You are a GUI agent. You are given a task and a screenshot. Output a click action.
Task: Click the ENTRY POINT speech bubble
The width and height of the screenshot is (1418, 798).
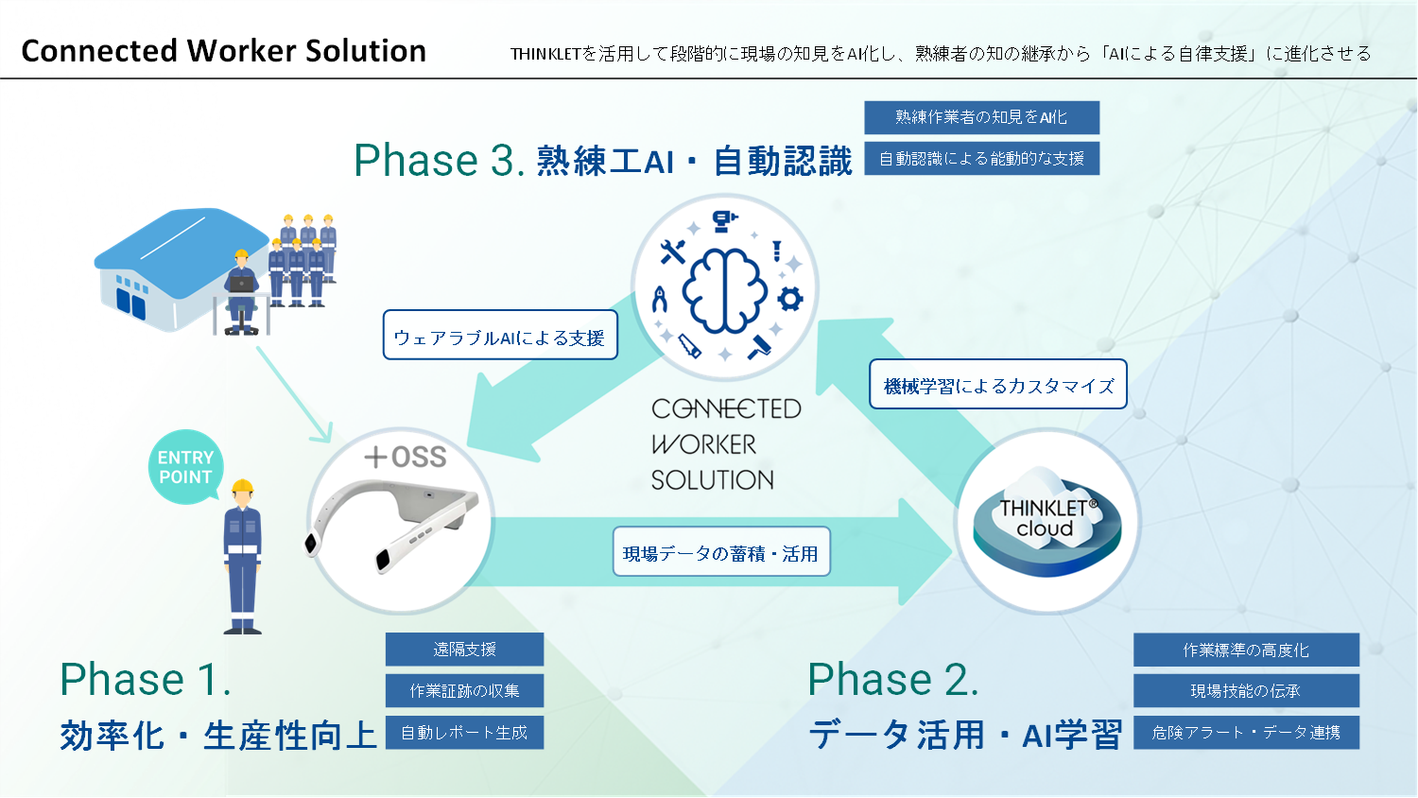185,467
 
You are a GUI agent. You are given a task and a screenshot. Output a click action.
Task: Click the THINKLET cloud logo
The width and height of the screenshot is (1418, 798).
1046,521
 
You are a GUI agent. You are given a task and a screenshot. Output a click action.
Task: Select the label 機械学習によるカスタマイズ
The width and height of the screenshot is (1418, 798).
997,385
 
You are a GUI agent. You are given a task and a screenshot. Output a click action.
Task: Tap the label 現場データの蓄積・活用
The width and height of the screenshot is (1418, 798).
720,552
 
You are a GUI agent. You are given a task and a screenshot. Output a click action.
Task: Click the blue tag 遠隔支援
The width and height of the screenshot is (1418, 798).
464,650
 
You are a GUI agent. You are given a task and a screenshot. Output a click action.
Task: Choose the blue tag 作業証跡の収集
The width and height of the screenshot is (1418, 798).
464,691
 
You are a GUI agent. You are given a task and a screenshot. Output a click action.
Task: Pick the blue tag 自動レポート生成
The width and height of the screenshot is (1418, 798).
464,733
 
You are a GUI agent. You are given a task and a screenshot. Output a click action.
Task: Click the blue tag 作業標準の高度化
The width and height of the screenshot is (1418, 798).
1246,651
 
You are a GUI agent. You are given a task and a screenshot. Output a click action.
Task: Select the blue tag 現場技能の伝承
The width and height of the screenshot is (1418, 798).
1246,691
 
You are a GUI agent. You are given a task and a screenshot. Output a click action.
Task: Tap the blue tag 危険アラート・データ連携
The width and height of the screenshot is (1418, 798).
1246,733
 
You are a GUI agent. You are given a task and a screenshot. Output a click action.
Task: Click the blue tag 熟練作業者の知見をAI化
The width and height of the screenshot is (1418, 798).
981,117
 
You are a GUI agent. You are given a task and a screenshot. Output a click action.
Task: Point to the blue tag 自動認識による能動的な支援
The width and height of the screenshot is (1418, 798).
981,159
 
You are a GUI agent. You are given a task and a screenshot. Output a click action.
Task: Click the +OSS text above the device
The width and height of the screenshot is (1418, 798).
406,458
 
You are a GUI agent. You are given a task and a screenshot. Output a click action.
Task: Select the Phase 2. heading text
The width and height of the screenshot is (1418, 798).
892,680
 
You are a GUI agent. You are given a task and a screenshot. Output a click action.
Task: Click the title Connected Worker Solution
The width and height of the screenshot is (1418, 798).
224,51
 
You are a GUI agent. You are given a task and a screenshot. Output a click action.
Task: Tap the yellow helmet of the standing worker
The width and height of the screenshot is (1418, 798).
243,487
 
